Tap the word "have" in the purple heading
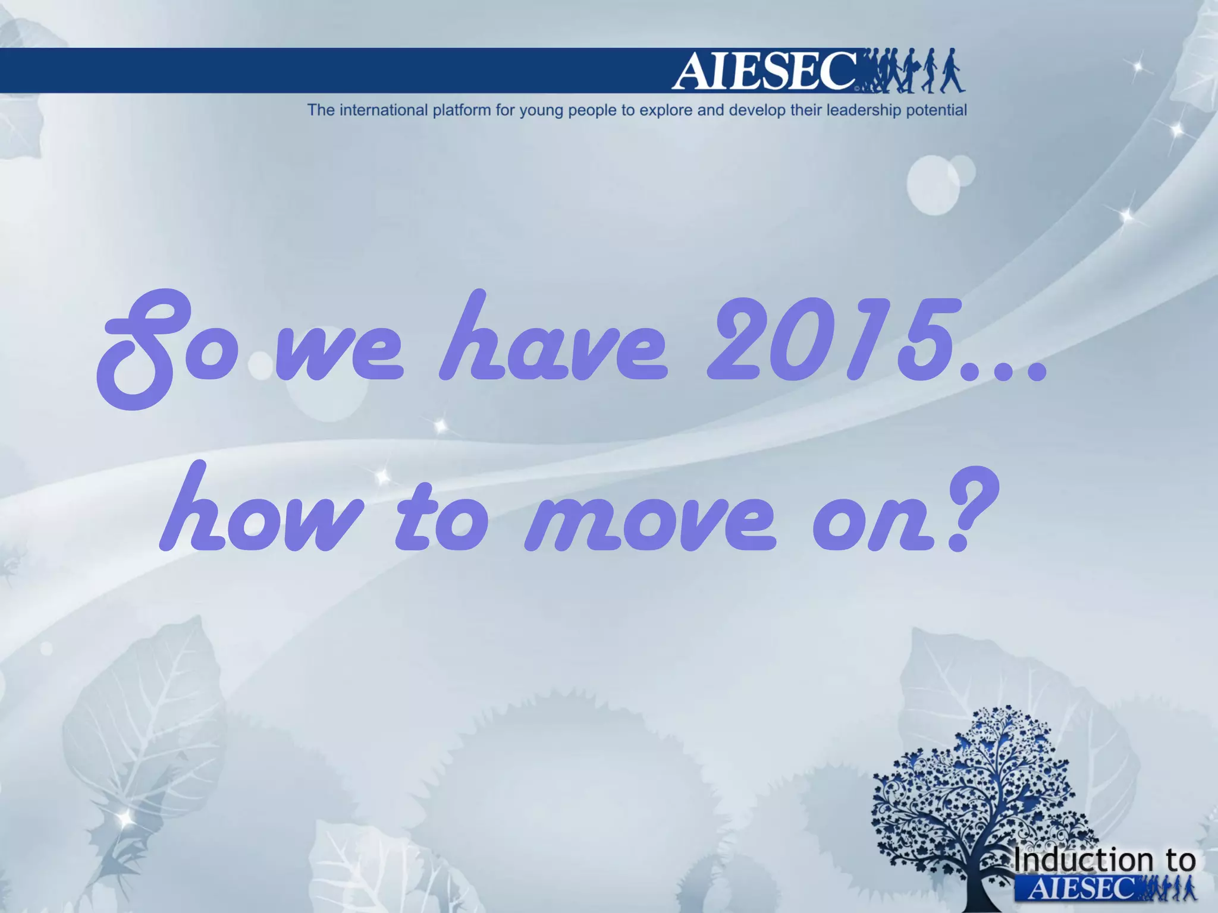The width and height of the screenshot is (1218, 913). (553, 342)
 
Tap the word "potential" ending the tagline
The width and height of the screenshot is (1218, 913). (936, 111)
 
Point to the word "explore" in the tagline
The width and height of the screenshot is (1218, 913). (665, 111)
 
